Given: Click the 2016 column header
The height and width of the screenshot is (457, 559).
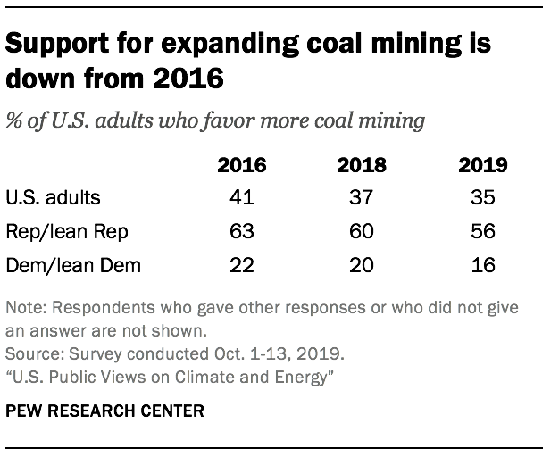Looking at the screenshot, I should [x=242, y=165].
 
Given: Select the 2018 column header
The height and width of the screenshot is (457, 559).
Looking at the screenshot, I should [x=362, y=165].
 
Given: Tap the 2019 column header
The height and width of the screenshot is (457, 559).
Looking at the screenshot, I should [x=482, y=165].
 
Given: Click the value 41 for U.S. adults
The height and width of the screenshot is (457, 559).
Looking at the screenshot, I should [x=242, y=198].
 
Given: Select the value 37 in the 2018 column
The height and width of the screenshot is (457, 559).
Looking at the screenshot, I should [x=362, y=198].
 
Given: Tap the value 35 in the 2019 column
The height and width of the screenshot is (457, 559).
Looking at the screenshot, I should [x=482, y=198].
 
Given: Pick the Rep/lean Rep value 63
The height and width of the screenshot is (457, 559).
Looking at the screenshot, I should [x=242, y=231].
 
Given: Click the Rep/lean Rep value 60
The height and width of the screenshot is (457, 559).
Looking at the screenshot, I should [x=362, y=231].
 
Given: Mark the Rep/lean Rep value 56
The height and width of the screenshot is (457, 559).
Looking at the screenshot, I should [x=482, y=231].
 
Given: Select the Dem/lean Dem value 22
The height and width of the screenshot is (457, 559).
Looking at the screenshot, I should [x=242, y=264].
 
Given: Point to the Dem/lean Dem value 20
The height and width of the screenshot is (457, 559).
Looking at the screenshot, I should [x=362, y=264].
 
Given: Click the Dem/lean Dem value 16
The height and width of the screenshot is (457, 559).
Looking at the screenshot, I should [x=482, y=264].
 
